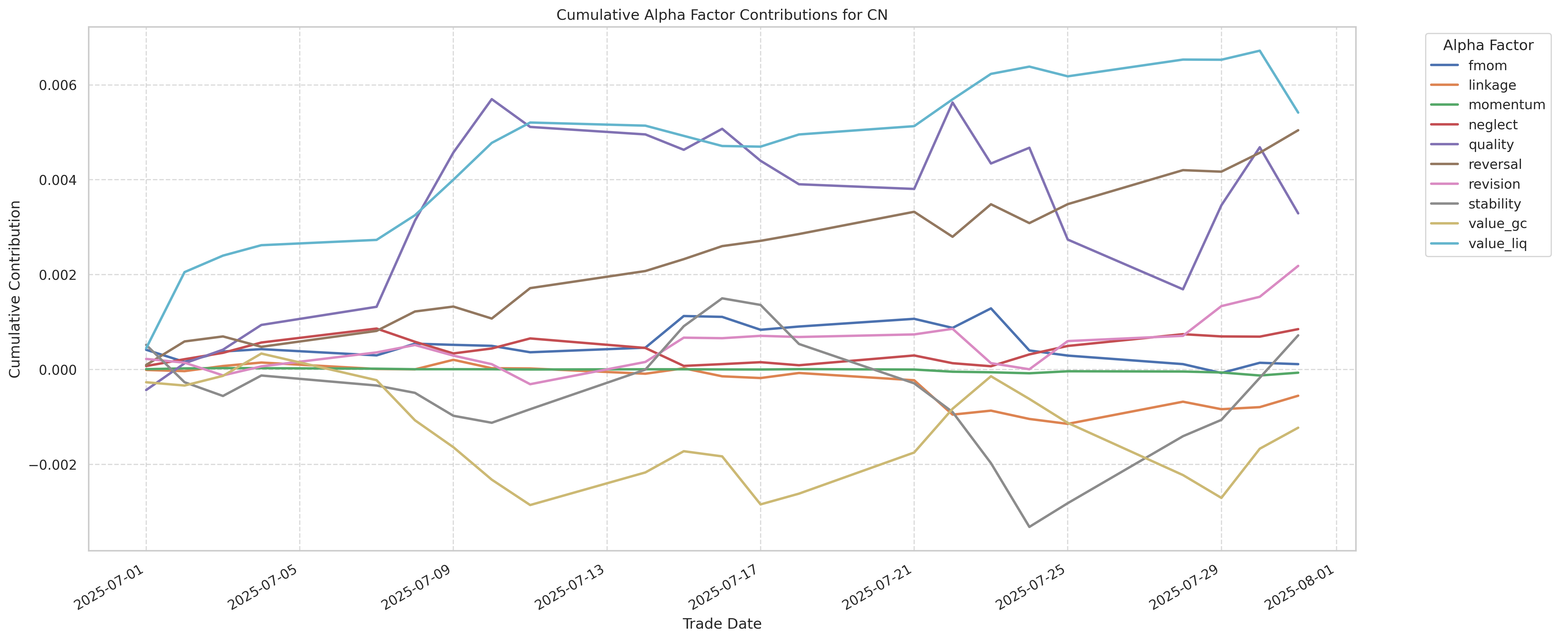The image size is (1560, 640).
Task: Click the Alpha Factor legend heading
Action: (1488, 45)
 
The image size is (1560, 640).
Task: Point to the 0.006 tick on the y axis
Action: (59, 85)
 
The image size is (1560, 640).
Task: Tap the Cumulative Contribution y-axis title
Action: (15, 289)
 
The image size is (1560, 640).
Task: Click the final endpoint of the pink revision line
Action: (1298, 266)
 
